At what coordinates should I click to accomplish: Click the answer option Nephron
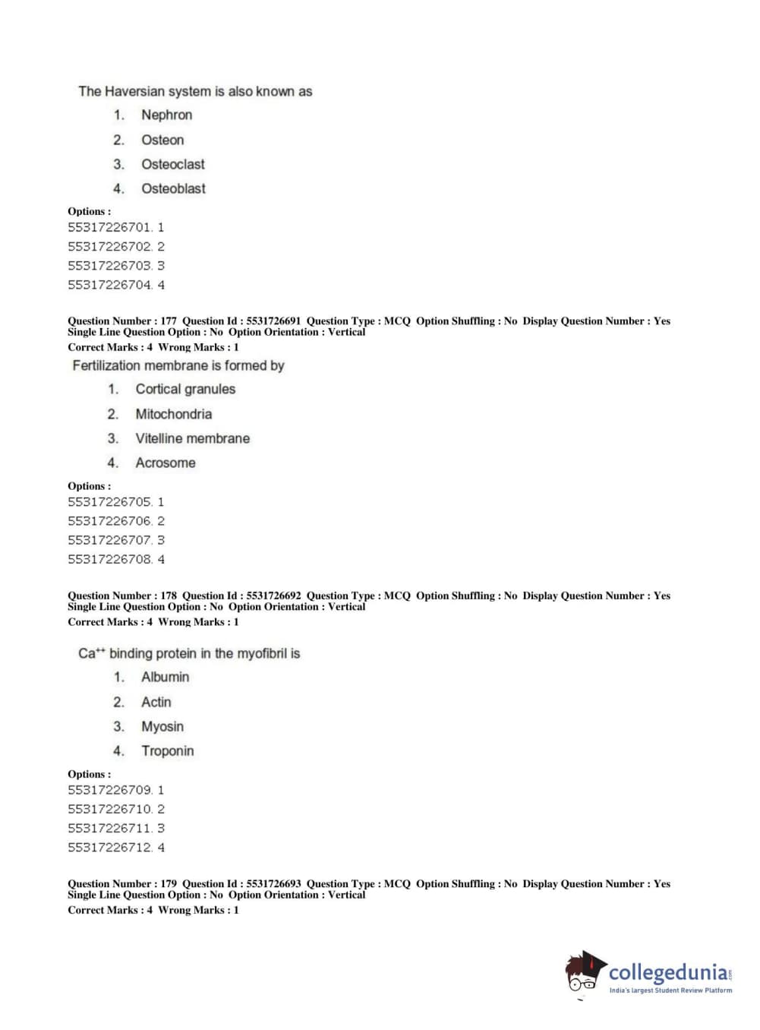pyautogui.click(x=166, y=115)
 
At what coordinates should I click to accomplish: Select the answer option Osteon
pyautogui.click(x=162, y=140)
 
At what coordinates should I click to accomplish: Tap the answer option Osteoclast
pyautogui.click(x=172, y=164)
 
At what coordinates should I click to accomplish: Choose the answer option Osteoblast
pyautogui.click(x=173, y=188)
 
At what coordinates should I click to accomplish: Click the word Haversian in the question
pyautogui.click(x=135, y=91)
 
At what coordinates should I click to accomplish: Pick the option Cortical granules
pyautogui.click(x=185, y=389)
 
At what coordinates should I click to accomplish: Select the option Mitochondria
pyautogui.click(x=173, y=414)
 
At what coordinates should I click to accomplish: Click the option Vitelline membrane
pyautogui.click(x=192, y=438)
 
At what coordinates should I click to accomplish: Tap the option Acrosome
pyautogui.click(x=165, y=463)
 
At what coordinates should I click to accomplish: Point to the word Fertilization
pyautogui.click(x=105, y=365)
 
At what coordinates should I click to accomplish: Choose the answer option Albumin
pyautogui.click(x=165, y=677)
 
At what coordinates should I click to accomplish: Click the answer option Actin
pyautogui.click(x=156, y=702)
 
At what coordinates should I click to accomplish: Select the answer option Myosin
pyautogui.click(x=162, y=726)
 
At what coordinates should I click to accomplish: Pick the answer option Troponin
pyautogui.click(x=167, y=750)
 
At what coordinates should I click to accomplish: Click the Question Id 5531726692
pyautogui.click(x=273, y=596)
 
